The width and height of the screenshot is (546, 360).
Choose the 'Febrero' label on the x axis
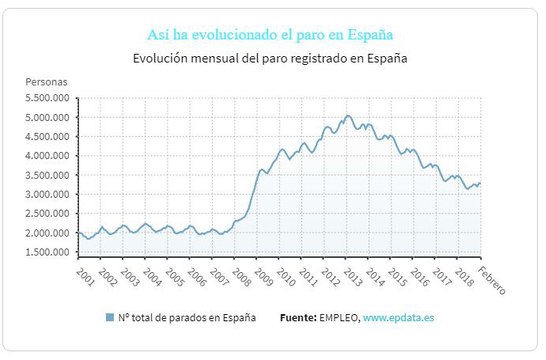[x=491, y=280]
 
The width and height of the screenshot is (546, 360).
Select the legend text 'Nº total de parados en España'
[x=187, y=318]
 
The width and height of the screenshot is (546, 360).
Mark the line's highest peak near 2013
[x=347, y=115]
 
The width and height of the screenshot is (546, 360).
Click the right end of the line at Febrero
[x=480, y=183]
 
